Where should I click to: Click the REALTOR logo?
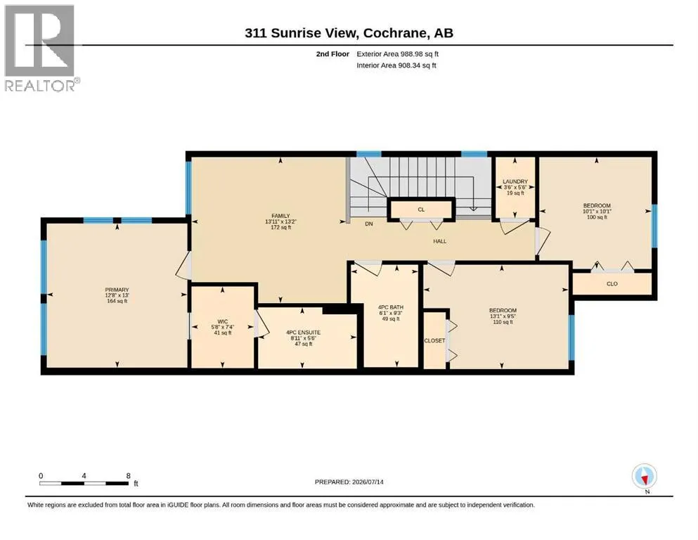click(x=40, y=48)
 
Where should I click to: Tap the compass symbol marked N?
click(x=644, y=477)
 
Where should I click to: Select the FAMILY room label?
click(x=281, y=216)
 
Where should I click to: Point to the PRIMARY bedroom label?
click(x=117, y=290)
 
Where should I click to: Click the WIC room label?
click(x=223, y=321)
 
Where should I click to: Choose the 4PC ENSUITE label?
click(x=303, y=332)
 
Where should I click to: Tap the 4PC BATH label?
click(x=390, y=307)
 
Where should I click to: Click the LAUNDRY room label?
click(x=515, y=181)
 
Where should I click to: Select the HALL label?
click(x=440, y=241)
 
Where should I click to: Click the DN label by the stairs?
click(x=369, y=224)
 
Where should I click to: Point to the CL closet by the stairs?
click(x=421, y=210)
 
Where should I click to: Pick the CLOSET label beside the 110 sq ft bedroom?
click(x=434, y=340)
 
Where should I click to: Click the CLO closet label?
click(x=612, y=283)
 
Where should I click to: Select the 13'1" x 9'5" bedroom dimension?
click(x=503, y=316)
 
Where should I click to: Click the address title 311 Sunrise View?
click(x=301, y=33)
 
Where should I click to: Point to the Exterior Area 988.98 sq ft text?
click(x=398, y=54)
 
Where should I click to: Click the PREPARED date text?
click(x=349, y=482)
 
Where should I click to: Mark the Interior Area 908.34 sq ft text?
click(x=396, y=65)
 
